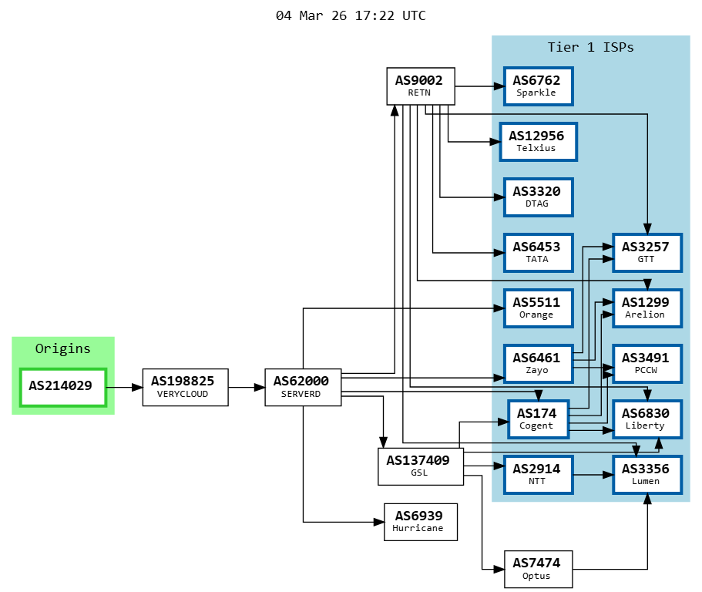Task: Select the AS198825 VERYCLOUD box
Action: pos(185,387)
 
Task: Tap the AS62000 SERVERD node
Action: pos(302,387)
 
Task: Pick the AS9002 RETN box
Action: pos(420,86)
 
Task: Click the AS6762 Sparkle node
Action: pos(537,86)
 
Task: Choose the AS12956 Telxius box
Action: pos(537,141)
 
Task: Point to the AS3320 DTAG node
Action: pos(537,197)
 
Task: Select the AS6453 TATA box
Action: pos(537,252)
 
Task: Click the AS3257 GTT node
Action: pos(647,252)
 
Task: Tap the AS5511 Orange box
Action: pos(537,308)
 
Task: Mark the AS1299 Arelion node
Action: pos(647,308)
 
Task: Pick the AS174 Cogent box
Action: pos(537,419)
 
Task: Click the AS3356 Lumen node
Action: pos(647,474)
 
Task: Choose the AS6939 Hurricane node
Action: pos(420,522)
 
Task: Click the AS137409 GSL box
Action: pos(420,466)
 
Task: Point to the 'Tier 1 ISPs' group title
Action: pos(590,47)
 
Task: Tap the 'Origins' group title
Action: pos(63,348)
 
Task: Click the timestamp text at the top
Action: pos(351,15)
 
